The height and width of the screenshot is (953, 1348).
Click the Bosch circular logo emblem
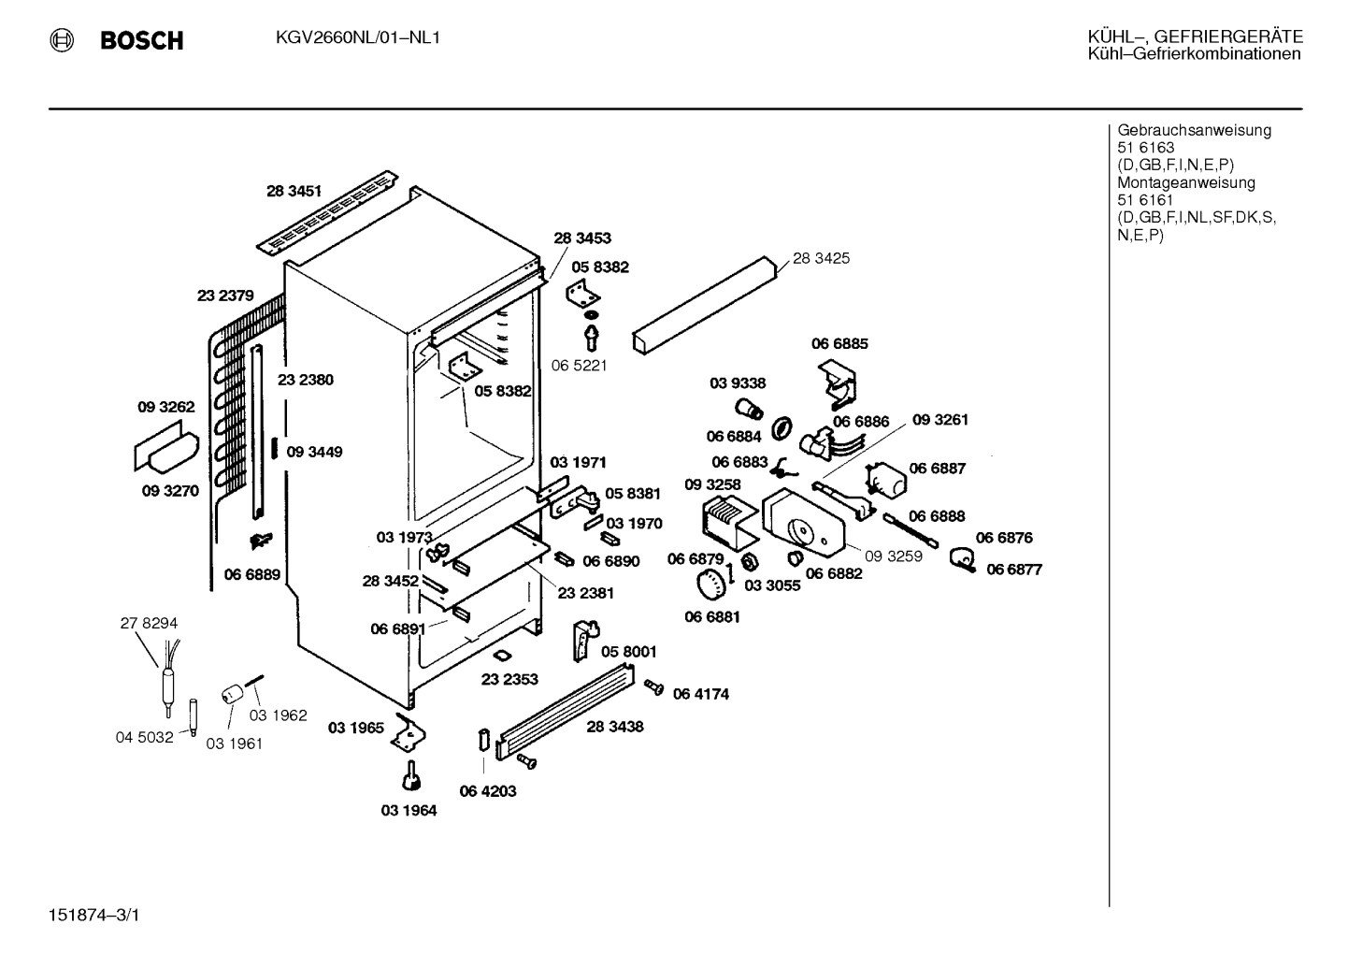coord(61,40)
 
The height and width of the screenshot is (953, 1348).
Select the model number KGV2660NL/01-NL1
coord(357,38)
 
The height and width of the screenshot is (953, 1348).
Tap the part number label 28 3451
coord(294,191)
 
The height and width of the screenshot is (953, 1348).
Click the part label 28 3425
coord(821,258)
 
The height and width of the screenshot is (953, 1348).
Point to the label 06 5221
coord(579,366)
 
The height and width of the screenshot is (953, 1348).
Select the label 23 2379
coord(225,296)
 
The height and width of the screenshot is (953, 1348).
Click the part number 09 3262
coord(166,407)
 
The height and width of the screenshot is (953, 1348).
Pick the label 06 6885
coord(839,344)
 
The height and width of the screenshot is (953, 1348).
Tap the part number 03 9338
coord(738,383)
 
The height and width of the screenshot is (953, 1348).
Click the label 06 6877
coord(1014,570)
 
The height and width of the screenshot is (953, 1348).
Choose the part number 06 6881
coord(712,617)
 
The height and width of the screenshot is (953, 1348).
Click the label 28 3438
coord(614,727)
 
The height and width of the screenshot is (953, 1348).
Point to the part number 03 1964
coord(409,811)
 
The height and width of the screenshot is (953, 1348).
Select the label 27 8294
coord(149,623)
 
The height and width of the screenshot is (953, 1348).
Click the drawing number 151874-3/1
coord(93,916)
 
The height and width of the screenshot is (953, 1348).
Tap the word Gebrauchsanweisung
coord(1194,131)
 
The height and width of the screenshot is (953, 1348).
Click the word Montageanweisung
coord(1186,183)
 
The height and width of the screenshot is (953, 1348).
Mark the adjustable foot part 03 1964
coord(411,776)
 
